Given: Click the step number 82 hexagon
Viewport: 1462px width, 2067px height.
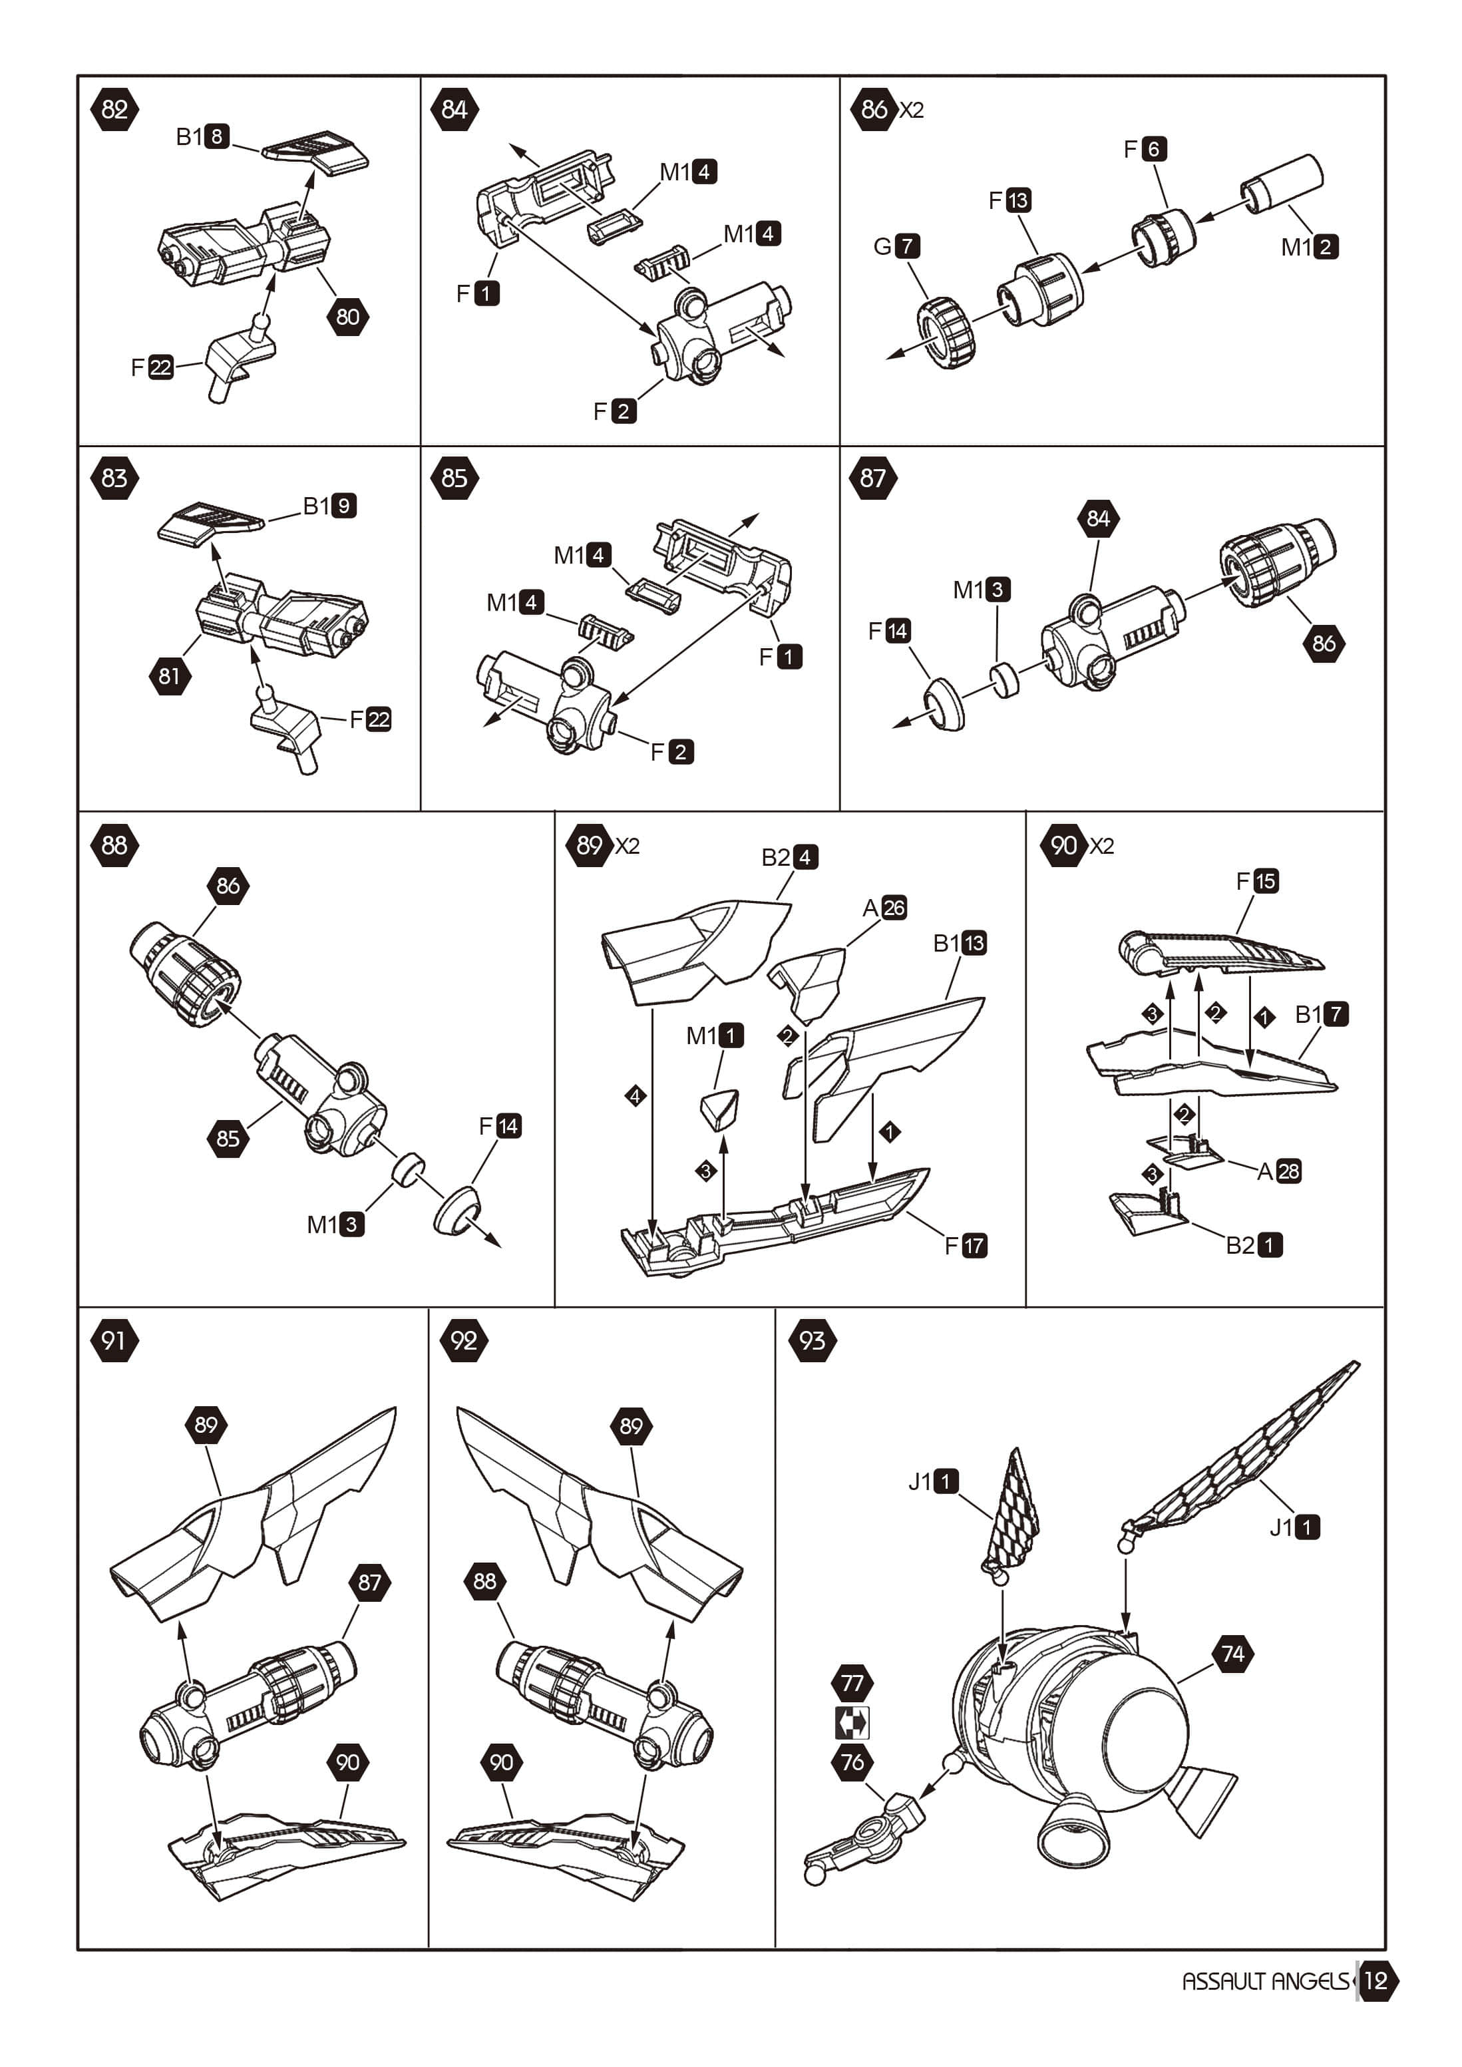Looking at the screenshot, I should (114, 110).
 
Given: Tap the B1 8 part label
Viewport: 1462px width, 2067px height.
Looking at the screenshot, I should (202, 137).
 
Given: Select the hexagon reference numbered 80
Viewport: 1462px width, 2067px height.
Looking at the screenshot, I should (347, 316).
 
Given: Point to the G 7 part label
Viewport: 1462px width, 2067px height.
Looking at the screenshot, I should (896, 246).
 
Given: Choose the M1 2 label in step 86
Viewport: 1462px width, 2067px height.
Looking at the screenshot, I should (1309, 247).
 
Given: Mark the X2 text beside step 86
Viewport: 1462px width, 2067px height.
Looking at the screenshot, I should (912, 110).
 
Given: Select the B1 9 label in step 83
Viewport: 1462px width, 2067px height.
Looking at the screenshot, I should (329, 506).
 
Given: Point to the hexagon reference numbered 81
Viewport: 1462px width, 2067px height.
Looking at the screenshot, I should (169, 675).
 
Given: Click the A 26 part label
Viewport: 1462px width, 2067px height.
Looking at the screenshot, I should (884, 908).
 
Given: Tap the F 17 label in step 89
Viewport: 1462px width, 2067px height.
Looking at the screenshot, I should (965, 1245).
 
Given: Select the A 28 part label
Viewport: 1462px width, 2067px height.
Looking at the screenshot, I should (1278, 1171).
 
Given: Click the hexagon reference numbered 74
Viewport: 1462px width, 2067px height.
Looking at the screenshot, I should (1232, 1653).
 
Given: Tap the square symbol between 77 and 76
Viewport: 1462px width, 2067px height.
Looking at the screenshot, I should (852, 1722).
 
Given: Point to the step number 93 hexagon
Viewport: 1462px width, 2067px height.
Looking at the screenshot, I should (812, 1340).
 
